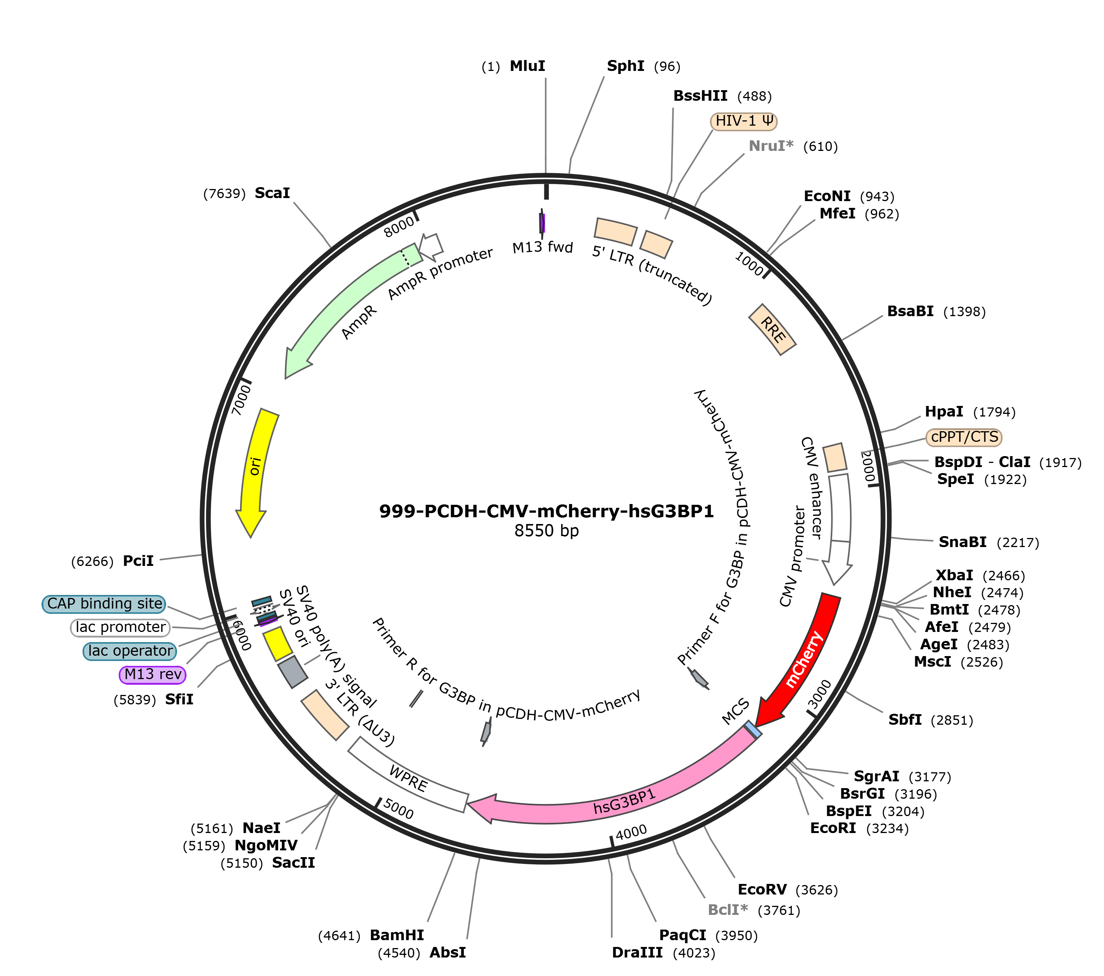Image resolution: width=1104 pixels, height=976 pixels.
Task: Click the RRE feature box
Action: coord(772,329)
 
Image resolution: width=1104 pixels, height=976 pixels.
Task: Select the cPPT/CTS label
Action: coord(964,437)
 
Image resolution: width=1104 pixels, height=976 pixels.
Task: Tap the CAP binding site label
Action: coord(104,604)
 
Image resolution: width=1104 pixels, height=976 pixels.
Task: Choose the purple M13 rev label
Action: coord(153,674)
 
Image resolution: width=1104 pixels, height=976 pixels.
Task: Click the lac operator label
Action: coord(130,651)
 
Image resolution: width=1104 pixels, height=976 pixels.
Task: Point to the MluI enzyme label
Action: coord(527,66)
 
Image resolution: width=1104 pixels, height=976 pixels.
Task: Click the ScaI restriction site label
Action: coord(272,193)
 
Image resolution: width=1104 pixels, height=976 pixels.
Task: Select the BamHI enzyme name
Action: coord(397,935)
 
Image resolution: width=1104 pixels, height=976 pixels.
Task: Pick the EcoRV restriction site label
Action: coord(762,889)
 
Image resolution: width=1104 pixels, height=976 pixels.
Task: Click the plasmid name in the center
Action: coord(546,511)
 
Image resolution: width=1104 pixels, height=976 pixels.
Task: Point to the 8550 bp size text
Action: coord(546,531)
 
